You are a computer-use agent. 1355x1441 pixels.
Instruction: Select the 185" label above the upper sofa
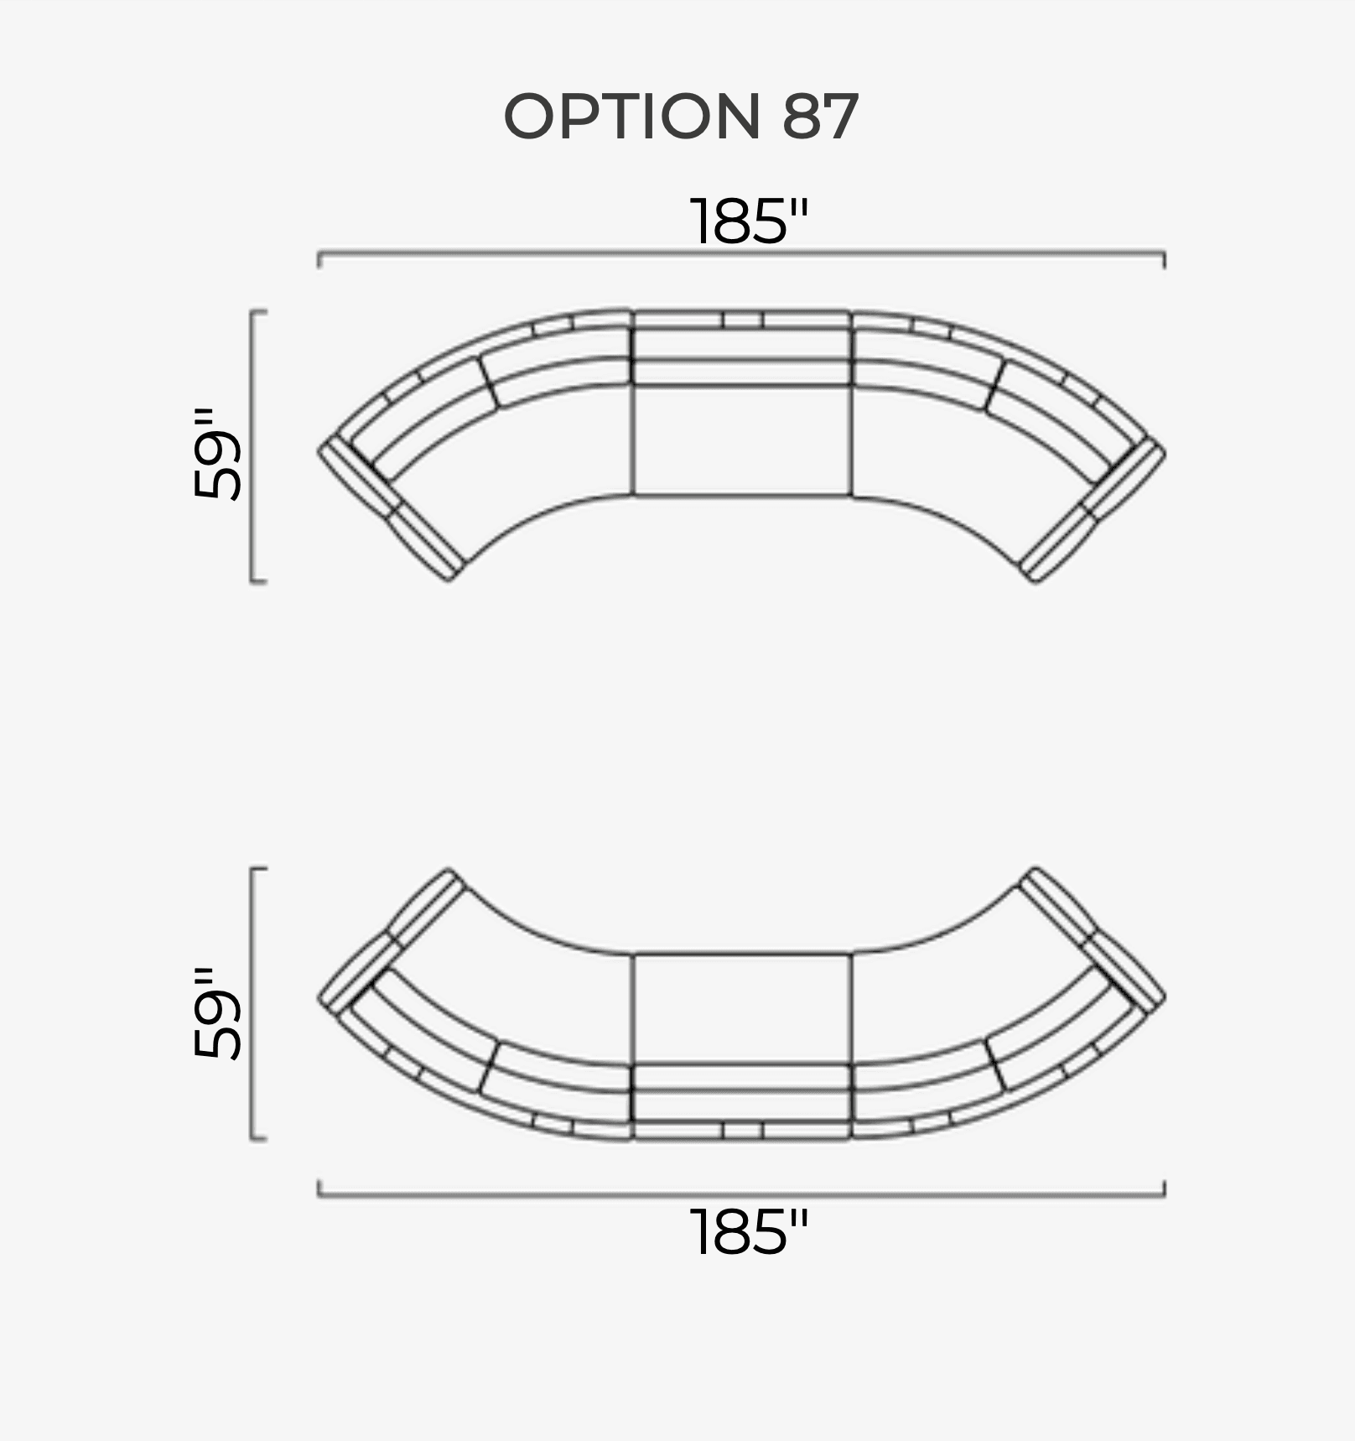click(x=749, y=221)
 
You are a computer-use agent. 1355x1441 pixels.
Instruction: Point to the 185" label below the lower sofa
click(x=749, y=1231)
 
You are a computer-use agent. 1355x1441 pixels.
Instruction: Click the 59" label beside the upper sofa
click(x=217, y=455)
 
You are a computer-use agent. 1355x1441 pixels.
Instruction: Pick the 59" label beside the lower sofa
click(x=217, y=1013)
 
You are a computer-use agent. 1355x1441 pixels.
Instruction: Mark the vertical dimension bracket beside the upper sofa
click(x=252, y=445)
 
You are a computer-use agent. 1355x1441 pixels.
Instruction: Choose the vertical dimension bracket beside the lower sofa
click(x=252, y=1004)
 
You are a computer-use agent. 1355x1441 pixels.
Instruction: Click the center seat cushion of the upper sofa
click(x=742, y=440)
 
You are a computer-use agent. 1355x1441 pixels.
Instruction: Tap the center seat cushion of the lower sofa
click(x=742, y=1008)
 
